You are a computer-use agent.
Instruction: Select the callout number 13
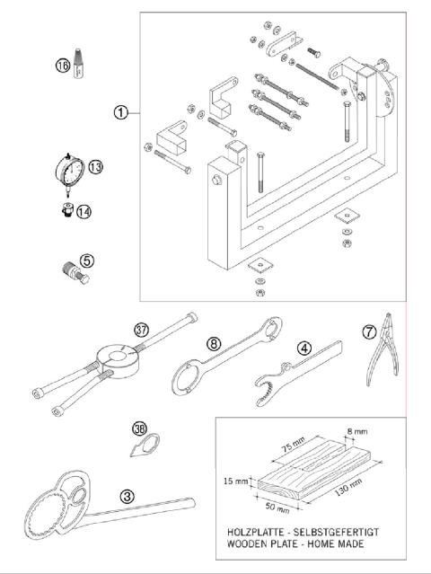(95, 166)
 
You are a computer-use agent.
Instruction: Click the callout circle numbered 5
(87, 261)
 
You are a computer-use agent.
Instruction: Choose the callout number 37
(140, 329)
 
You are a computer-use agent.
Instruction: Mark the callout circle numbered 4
(304, 348)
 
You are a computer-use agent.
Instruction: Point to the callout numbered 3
(128, 495)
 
